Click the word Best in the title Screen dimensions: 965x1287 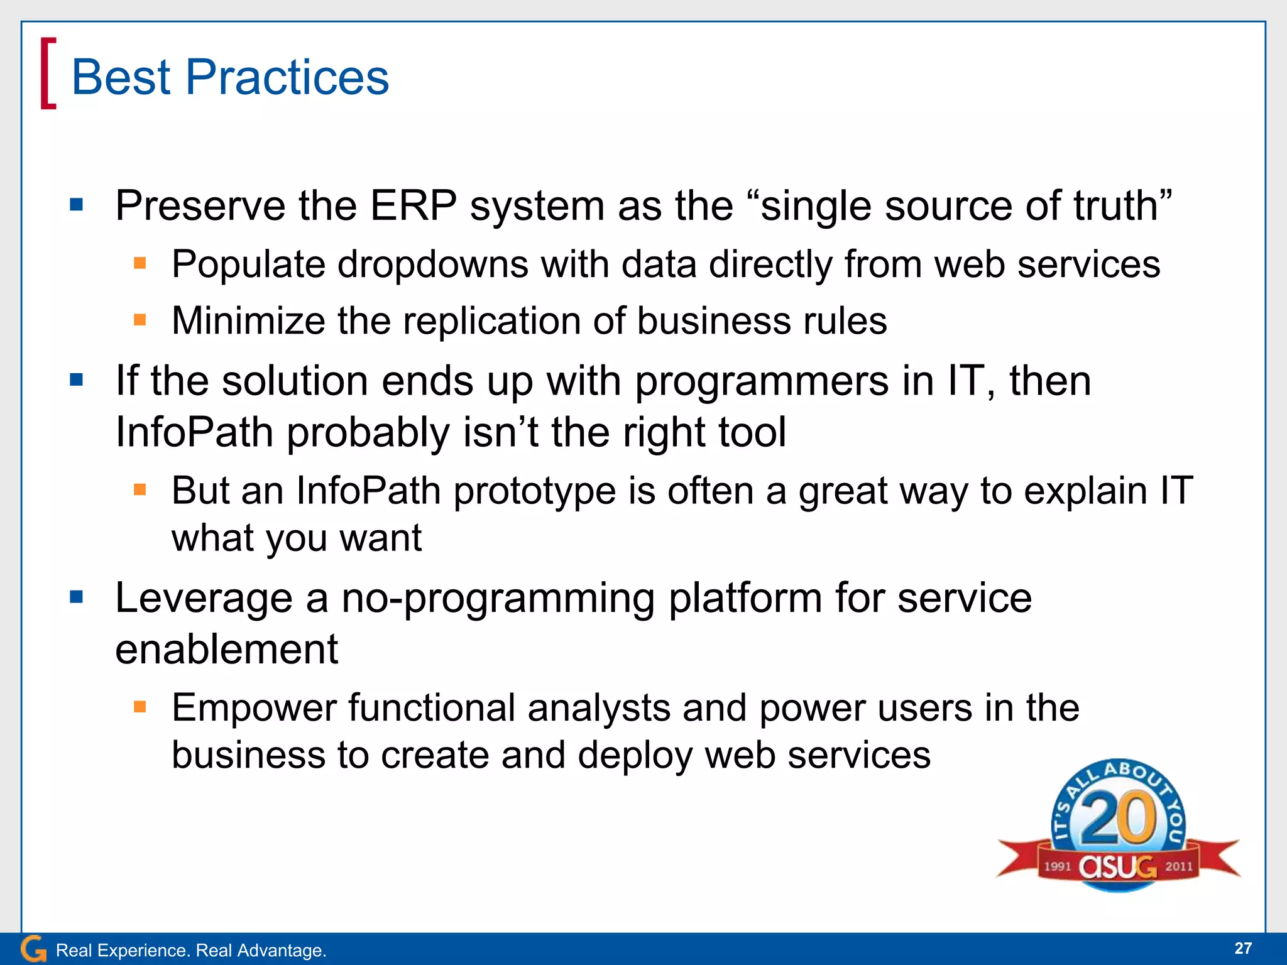point(121,77)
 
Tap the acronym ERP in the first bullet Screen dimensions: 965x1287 point(413,206)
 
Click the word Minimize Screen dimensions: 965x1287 point(248,321)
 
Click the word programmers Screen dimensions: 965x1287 point(761,382)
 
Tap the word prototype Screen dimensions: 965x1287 point(534,491)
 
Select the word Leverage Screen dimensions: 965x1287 point(204,598)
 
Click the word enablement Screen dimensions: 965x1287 point(226,650)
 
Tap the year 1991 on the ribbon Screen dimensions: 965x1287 point(1057,866)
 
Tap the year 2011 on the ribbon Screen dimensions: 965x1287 point(1179,866)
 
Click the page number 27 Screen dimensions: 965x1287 point(1243,948)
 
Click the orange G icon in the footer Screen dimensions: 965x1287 point(33,949)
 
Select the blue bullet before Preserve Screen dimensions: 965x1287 point(77,205)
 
